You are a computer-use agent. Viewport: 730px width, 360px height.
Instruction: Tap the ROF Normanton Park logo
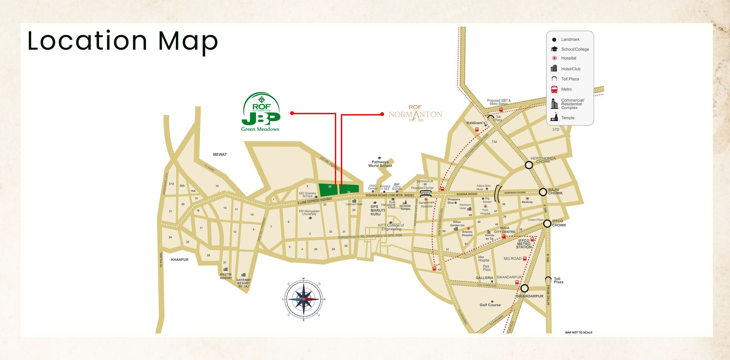pyautogui.click(x=415, y=114)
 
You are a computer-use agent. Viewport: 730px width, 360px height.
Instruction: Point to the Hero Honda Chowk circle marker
pyautogui.click(x=529, y=165)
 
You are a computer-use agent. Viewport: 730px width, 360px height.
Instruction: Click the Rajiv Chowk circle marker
pyautogui.click(x=543, y=192)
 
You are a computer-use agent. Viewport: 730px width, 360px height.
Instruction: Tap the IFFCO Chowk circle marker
pyautogui.click(x=547, y=223)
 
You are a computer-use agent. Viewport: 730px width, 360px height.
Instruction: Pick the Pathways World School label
pyautogui.click(x=380, y=164)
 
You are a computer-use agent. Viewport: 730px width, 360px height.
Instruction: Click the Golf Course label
pyautogui.click(x=490, y=305)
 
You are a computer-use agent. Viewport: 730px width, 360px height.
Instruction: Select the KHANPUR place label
pyautogui.click(x=180, y=260)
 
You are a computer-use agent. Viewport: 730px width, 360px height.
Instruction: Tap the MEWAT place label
pyautogui.click(x=220, y=155)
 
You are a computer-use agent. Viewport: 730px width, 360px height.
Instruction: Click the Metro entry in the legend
pyautogui.click(x=566, y=89)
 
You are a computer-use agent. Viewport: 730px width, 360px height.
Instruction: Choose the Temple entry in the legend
pyautogui.click(x=568, y=118)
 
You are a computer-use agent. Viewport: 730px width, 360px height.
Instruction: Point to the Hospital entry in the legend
pyautogui.click(x=568, y=58)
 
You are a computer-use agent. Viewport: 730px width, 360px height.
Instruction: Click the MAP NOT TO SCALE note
pyautogui.click(x=579, y=332)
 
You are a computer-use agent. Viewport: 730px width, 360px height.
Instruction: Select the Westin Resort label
pyautogui.click(x=226, y=276)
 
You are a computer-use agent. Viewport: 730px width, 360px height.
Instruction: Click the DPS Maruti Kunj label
pyautogui.click(x=377, y=210)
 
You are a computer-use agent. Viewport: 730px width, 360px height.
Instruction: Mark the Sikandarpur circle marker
pyautogui.click(x=524, y=288)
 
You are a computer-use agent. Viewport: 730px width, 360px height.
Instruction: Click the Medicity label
pyautogui.click(x=527, y=202)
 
